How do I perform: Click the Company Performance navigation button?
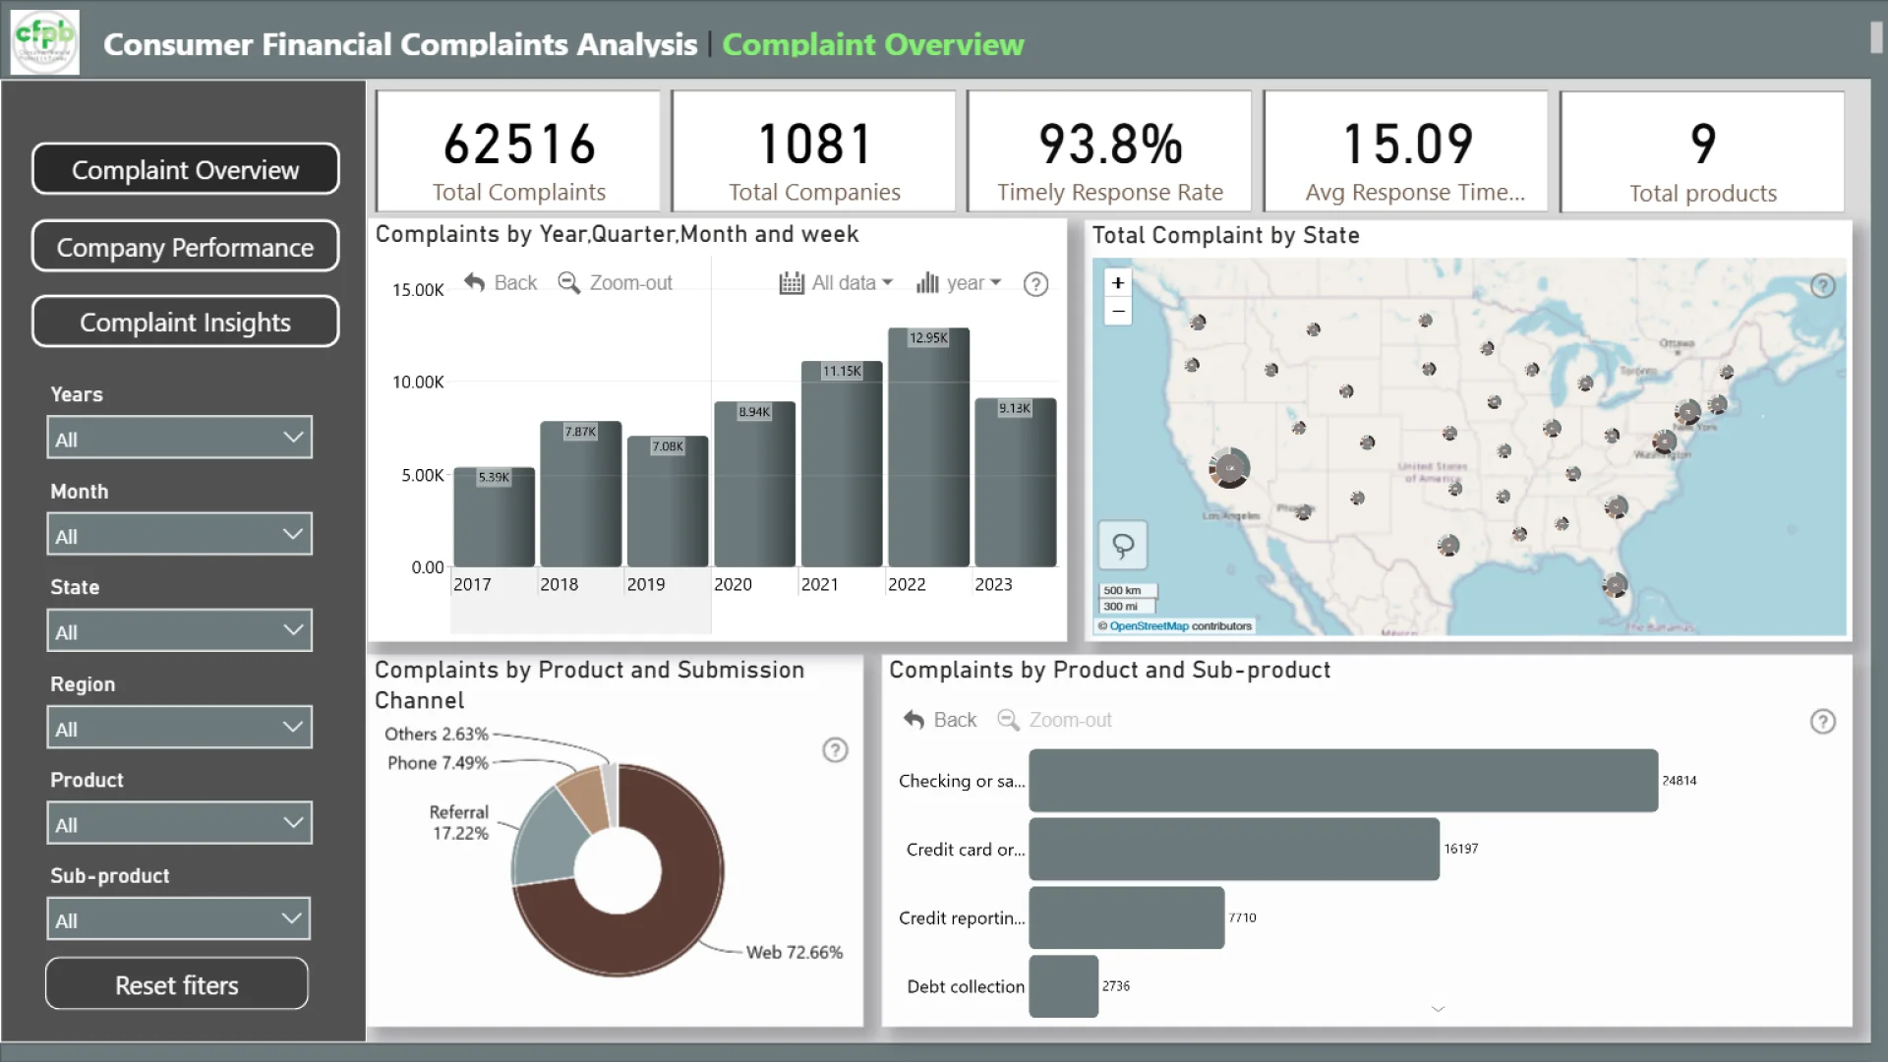pyautogui.click(x=185, y=247)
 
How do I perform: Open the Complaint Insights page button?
pyautogui.click(x=185, y=323)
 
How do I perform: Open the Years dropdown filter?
pyautogui.click(x=179, y=438)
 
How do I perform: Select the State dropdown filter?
pyautogui.click(x=179, y=630)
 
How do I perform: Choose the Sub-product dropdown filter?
pyautogui.click(x=179, y=919)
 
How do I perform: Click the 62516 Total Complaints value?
pyautogui.click(x=519, y=145)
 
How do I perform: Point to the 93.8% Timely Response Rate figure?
pyautogui.click(x=1110, y=145)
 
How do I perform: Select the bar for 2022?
pyautogui.click(x=928, y=452)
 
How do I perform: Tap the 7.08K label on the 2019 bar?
pyautogui.click(x=668, y=446)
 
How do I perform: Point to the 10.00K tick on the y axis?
pyautogui.click(x=418, y=383)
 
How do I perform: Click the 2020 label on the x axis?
pyautogui.click(x=733, y=585)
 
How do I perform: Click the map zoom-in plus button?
pyautogui.click(x=1118, y=283)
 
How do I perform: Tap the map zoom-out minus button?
pyautogui.click(x=1118, y=312)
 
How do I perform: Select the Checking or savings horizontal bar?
pyautogui.click(x=1342, y=781)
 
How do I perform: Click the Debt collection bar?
pyautogui.click(x=1063, y=986)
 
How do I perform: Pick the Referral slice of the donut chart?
pyautogui.click(x=546, y=836)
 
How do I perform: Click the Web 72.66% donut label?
pyautogui.click(x=794, y=953)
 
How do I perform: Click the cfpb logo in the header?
pyautogui.click(x=44, y=41)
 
